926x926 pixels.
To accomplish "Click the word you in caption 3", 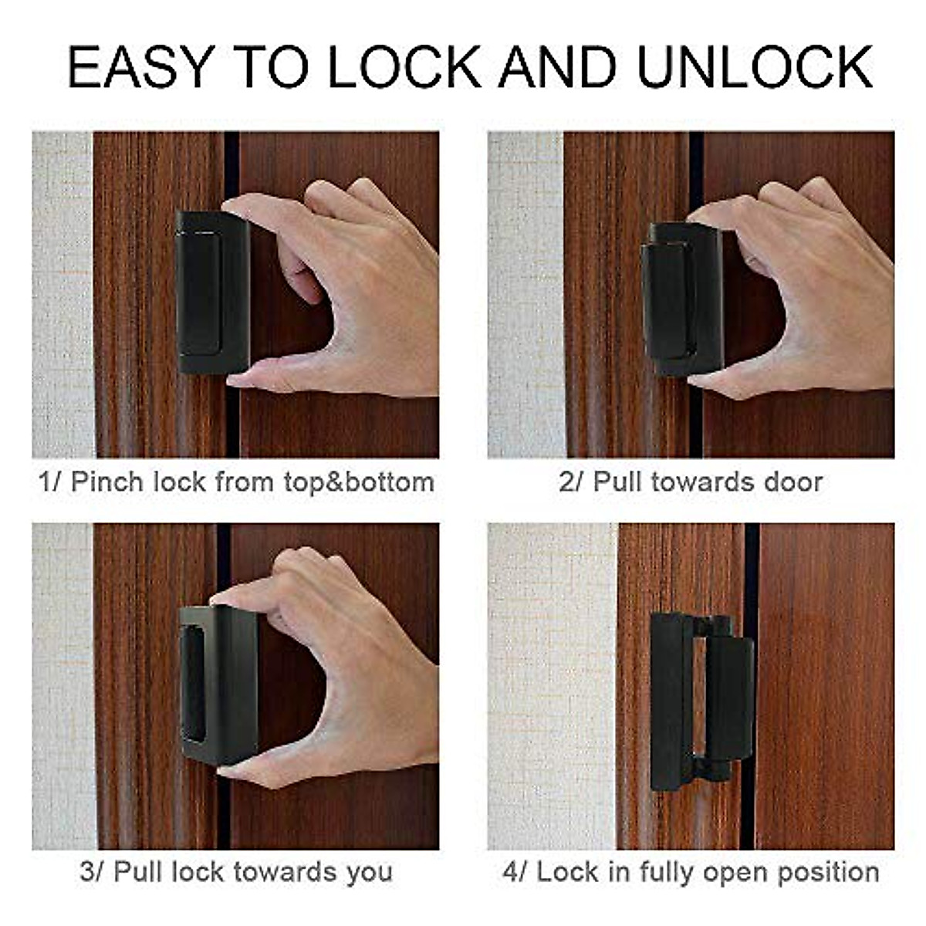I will (x=369, y=872).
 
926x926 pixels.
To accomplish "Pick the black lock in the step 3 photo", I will (x=218, y=683).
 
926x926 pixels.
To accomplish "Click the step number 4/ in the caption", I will (x=515, y=872).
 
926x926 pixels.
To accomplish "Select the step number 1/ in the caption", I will (x=49, y=482).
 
